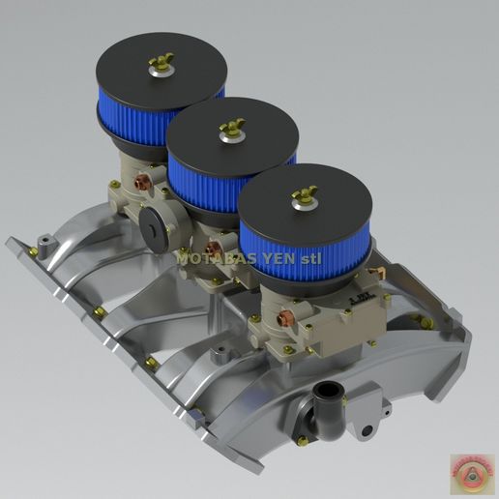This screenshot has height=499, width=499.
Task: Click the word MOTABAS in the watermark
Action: coord(209,258)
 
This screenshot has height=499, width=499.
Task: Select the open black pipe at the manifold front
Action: coord(330,397)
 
